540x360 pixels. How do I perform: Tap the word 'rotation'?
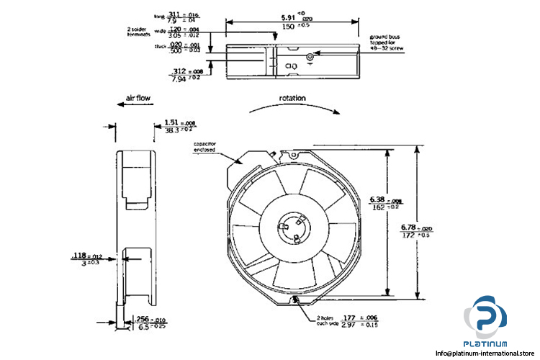293,98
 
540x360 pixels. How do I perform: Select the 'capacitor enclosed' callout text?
204,147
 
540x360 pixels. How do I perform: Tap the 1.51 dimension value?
171,122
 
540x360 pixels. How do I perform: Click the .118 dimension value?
78,255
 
